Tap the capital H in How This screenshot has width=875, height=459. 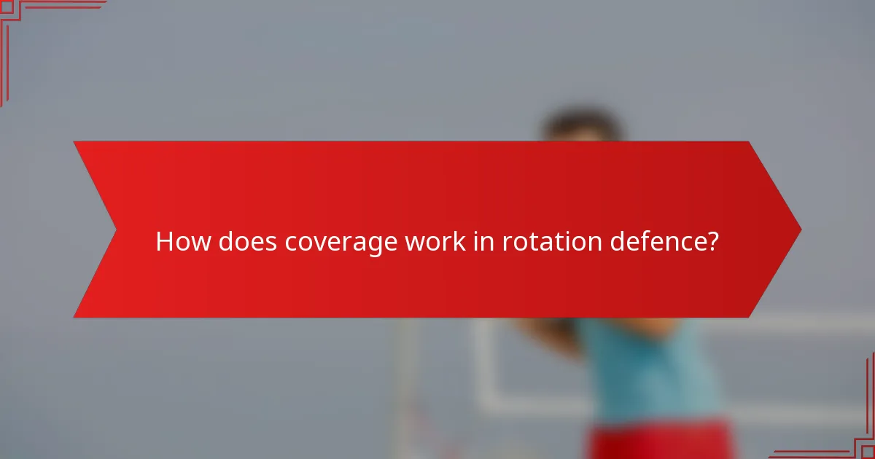164,242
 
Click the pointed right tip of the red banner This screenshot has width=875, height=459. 800,229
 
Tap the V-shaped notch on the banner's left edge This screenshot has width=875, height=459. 115,229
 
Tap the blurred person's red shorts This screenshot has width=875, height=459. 656,441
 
